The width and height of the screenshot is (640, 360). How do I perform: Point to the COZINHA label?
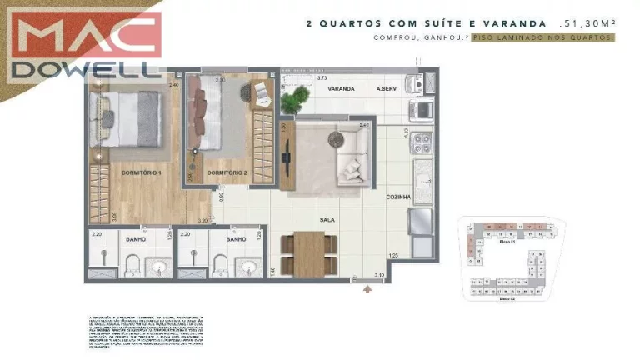point(398,197)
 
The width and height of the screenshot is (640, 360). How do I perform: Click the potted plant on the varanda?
point(293,102)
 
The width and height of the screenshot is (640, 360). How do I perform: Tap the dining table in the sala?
point(308,252)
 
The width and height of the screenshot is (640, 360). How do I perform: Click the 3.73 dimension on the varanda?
point(322,77)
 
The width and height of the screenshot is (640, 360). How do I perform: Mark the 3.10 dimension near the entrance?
point(378,274)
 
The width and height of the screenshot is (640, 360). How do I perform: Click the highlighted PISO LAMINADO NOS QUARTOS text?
point(542,38)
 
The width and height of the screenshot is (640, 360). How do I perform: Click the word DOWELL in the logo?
point(83,70)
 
